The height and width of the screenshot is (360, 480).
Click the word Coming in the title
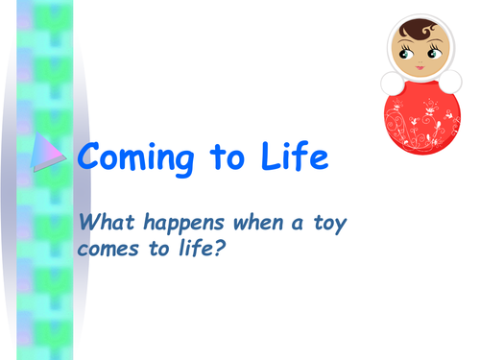point(138,157)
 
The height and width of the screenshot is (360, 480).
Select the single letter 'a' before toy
point(298,225)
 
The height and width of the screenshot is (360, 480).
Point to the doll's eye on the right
point(430,55)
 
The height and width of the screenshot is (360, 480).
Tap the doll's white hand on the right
point(450,80)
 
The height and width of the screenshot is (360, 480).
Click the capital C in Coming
point(91,156)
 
